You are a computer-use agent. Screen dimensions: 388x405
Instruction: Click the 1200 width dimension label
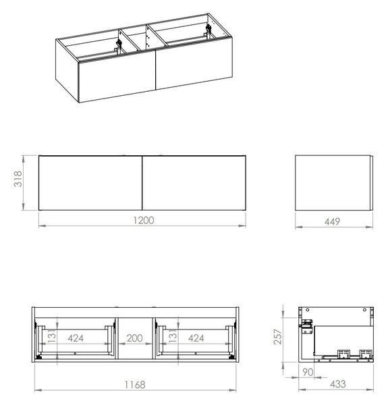(x=144, y=220)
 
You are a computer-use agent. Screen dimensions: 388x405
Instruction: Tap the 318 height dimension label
(x=18, y=179)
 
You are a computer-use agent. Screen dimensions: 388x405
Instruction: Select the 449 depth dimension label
(x=332, y=221)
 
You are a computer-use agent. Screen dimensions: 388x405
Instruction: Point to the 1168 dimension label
(x=135, y=385)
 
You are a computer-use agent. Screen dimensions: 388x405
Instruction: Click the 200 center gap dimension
(x=135, y=338)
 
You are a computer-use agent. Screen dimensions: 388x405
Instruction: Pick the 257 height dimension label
(x=278, y=337)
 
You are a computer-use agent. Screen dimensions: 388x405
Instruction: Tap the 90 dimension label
(x=308, y=372)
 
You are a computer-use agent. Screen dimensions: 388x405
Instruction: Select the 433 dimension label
(x=338, y=384)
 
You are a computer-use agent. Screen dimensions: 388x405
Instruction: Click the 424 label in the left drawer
(x=76, y=338)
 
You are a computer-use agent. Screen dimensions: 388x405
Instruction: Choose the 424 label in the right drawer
(x=196, y=338)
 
